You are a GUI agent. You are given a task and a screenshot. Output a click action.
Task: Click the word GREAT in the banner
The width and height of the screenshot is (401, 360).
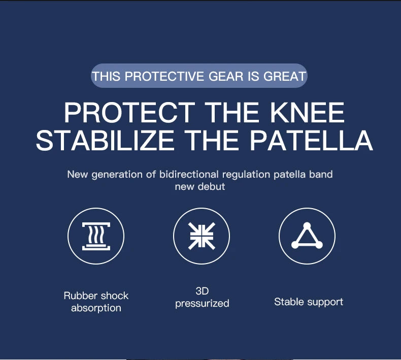click(x=285, y=76)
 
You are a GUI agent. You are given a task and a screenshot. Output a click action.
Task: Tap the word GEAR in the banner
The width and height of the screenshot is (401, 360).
click(x=227, y=76)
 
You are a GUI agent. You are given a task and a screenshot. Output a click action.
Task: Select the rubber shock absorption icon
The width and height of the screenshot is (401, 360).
click(x=96, y=237)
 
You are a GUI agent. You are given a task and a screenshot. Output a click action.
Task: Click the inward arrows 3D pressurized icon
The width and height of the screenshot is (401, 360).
click(x=202, y=237)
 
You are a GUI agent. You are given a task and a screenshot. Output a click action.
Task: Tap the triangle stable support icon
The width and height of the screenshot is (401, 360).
click(x=307, y=237)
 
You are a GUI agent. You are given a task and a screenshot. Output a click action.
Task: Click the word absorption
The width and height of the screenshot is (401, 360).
click(x=96, y=308)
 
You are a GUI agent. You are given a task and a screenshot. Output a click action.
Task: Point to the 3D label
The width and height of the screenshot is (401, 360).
click(x=202, y=291)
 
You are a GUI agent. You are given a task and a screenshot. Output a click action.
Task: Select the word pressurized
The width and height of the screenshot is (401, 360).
click(x=202, y=304)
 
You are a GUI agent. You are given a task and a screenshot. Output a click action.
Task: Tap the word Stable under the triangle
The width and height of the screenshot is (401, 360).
click(x=288, y=302)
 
